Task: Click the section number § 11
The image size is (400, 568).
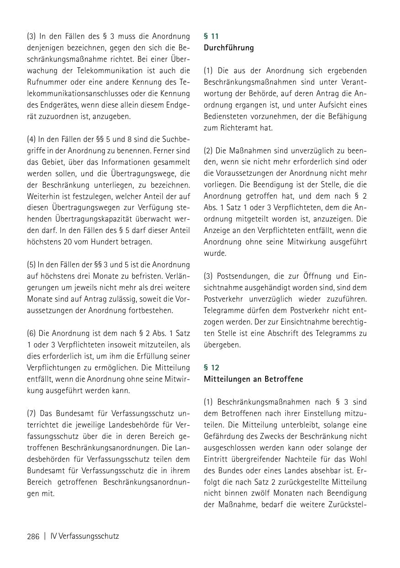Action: tap(211, 36)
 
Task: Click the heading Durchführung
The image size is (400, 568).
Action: tap(229, 48)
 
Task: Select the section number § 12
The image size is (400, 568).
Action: tap(212, 368)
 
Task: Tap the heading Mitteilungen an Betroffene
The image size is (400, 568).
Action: tap(253, 379)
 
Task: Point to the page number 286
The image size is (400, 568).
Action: tap(33, 536)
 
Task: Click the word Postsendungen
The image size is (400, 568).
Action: tap(241, 276)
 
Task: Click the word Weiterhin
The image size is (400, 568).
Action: tap(44, 196)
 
